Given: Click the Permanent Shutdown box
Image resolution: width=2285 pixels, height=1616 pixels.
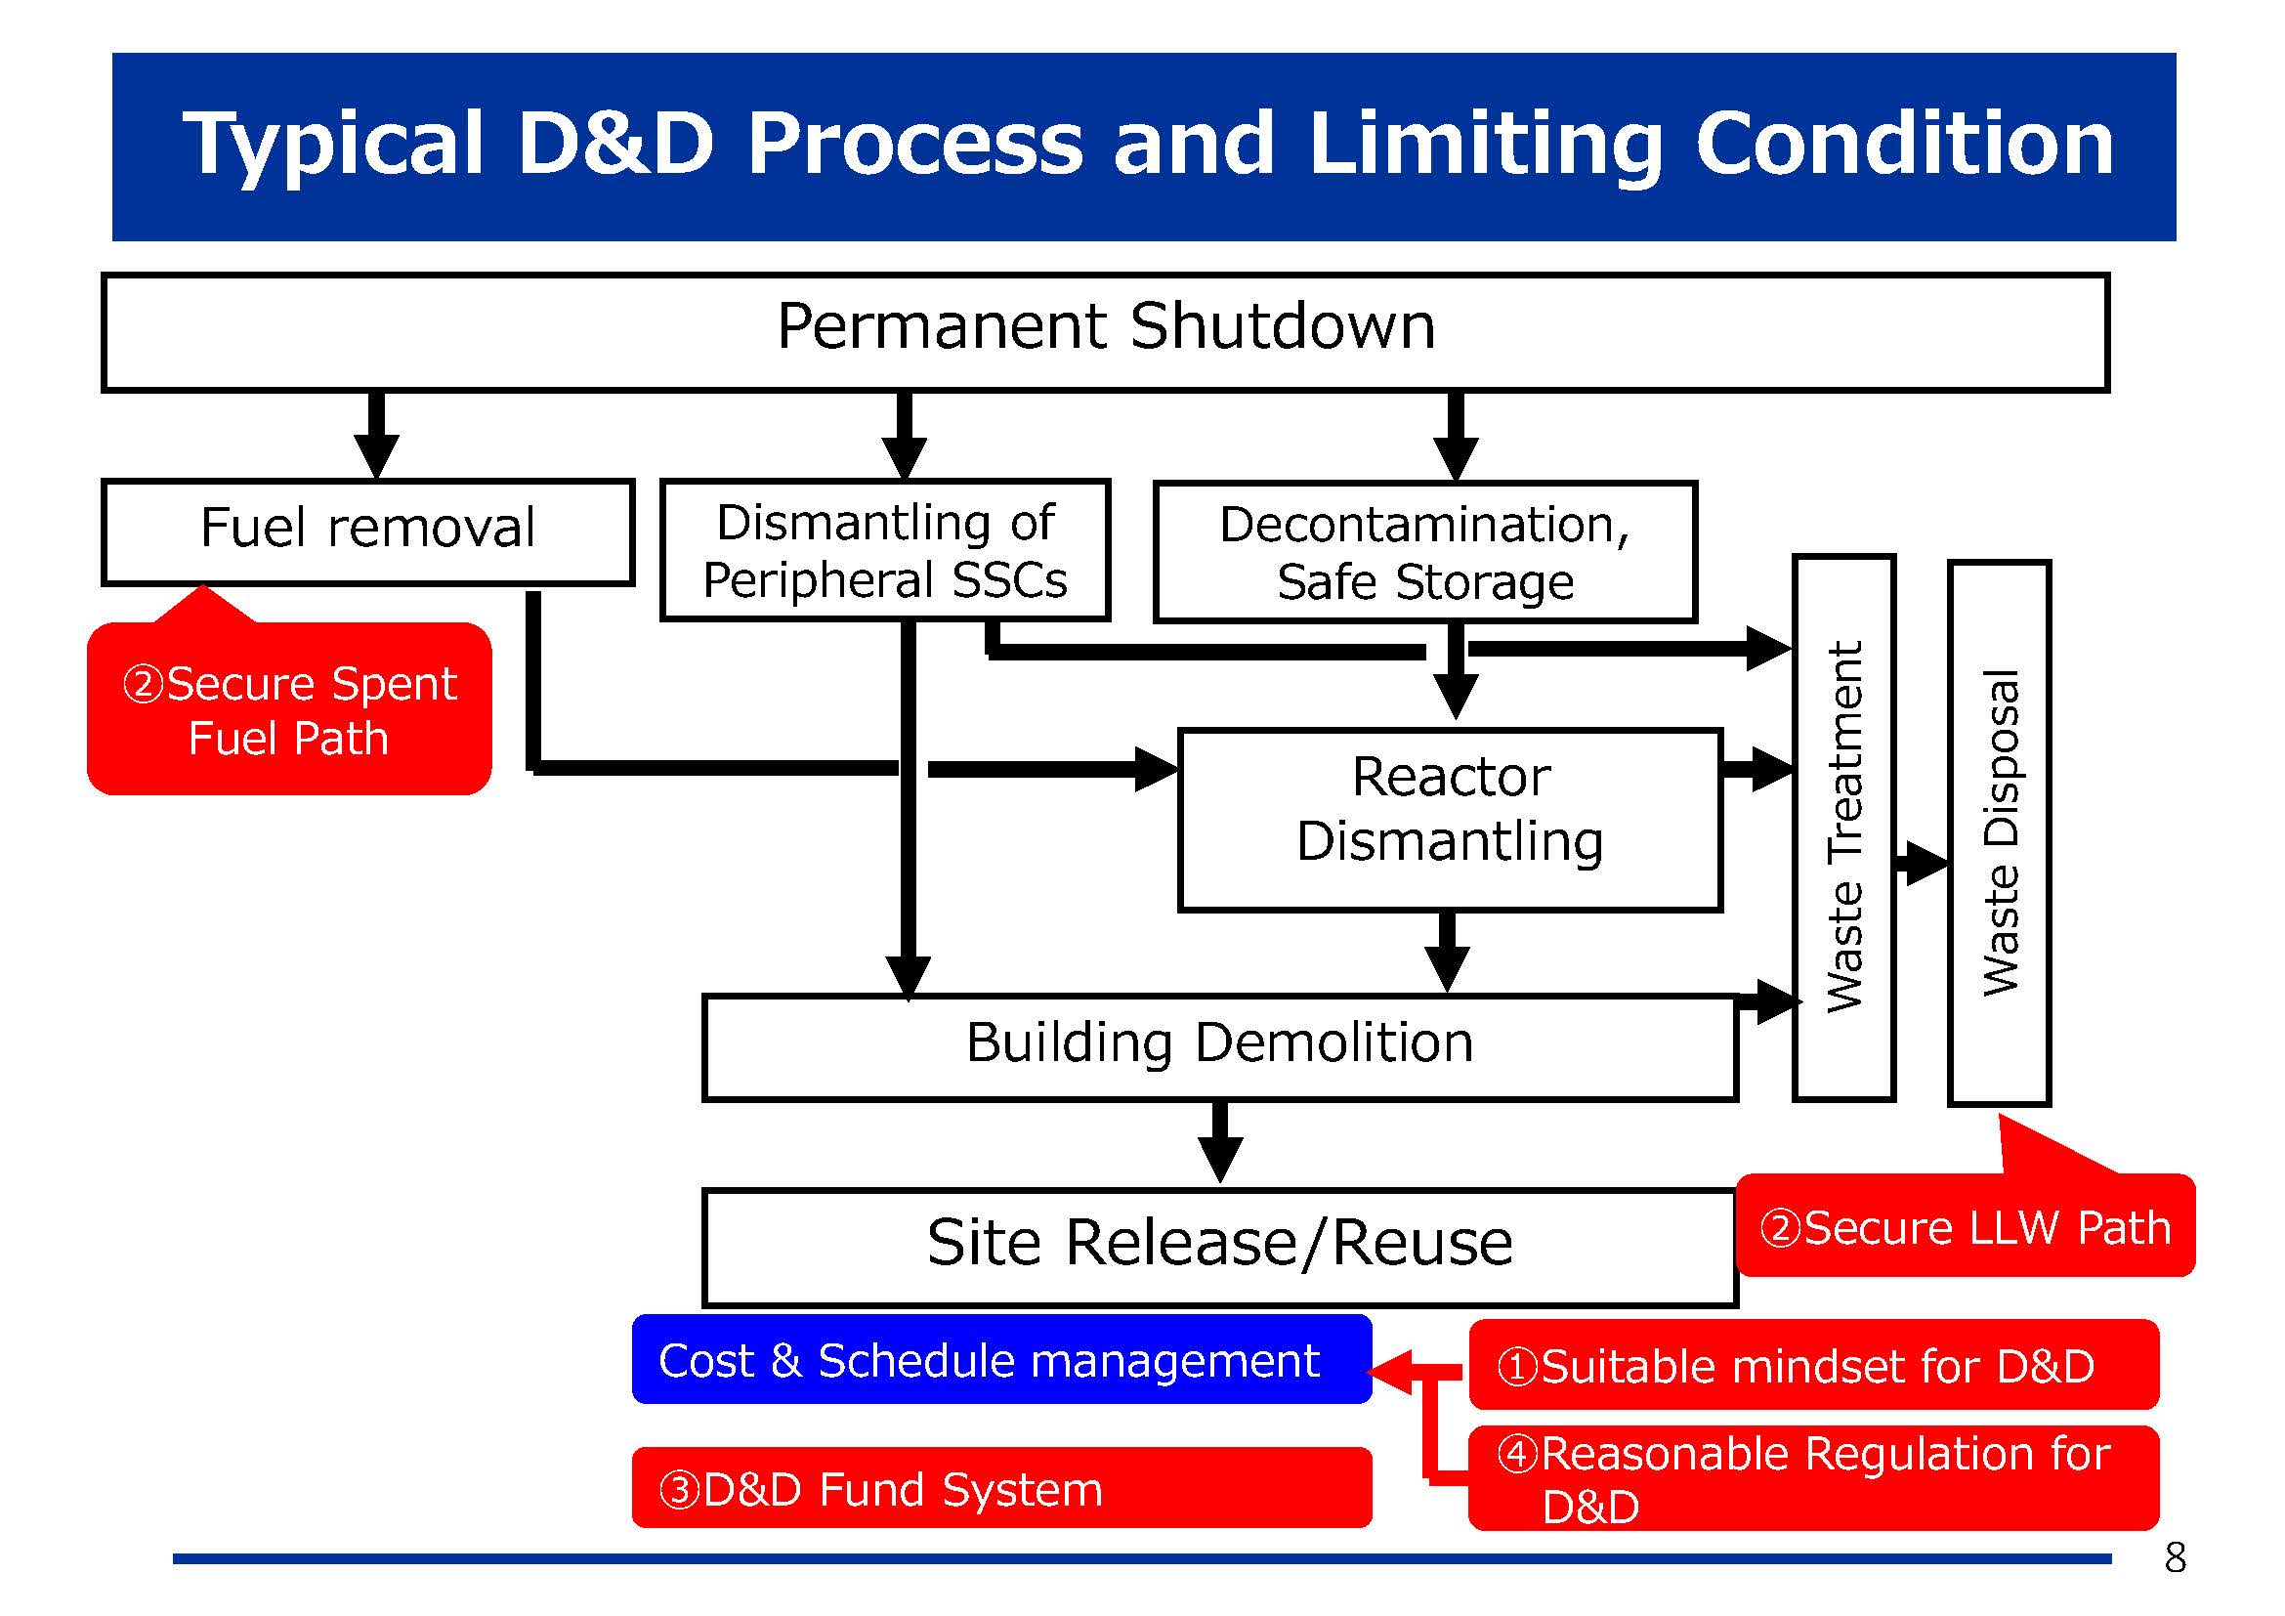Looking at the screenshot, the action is (x=1105, y=332).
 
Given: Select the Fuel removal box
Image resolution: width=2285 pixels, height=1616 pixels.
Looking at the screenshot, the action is (x=367, y=532).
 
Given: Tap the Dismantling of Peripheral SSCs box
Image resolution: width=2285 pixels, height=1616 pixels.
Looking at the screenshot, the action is (x=885, y=550).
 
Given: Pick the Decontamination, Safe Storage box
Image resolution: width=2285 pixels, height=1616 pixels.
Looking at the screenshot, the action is (x=1425, y=552).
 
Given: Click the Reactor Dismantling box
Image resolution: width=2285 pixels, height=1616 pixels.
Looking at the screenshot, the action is (x=1450, y=820).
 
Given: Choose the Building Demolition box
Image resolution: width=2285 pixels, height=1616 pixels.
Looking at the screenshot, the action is (x=1219, y=1047).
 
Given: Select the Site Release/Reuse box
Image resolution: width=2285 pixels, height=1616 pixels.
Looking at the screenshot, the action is (x=1219, y=1247).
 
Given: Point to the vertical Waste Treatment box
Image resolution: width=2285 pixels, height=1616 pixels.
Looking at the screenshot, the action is (x=1843, y=828).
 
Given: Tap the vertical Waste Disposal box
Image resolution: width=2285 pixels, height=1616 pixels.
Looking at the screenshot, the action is (x=1999, y=832).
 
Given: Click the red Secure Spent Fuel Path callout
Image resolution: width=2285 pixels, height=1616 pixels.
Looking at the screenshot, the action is (x=288, y=708).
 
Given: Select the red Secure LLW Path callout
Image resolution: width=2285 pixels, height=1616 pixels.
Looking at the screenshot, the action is (x=1965, y=1224).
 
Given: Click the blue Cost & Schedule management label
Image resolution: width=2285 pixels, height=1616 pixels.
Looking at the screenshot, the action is (x=1001, y=1359).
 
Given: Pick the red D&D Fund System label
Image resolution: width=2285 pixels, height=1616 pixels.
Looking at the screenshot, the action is (x=1001, y=1488).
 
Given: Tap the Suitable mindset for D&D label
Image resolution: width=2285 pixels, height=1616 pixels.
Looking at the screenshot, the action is (x=1813, y=1364).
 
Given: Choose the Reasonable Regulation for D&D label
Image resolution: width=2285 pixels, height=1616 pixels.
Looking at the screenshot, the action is (x=1813, y=1477).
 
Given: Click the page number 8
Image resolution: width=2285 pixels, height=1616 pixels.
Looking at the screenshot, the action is (x=2175, y=1558).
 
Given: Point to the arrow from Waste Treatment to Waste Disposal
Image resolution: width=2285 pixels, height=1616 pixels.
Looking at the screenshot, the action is (x=1922, y=863).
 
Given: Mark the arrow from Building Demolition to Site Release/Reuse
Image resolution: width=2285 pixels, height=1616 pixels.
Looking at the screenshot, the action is (x=1220, y=1142).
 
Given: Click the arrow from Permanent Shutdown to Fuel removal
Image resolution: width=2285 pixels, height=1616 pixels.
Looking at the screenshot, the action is (x=376, y=436).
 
